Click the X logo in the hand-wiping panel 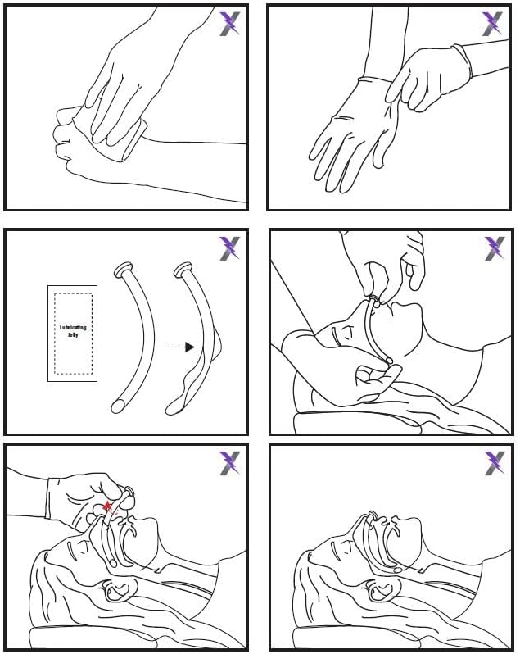229,24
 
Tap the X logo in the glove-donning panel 493,24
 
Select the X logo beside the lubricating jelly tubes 229,248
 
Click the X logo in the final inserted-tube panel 493,463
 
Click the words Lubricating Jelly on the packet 73,331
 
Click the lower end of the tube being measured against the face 390,360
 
